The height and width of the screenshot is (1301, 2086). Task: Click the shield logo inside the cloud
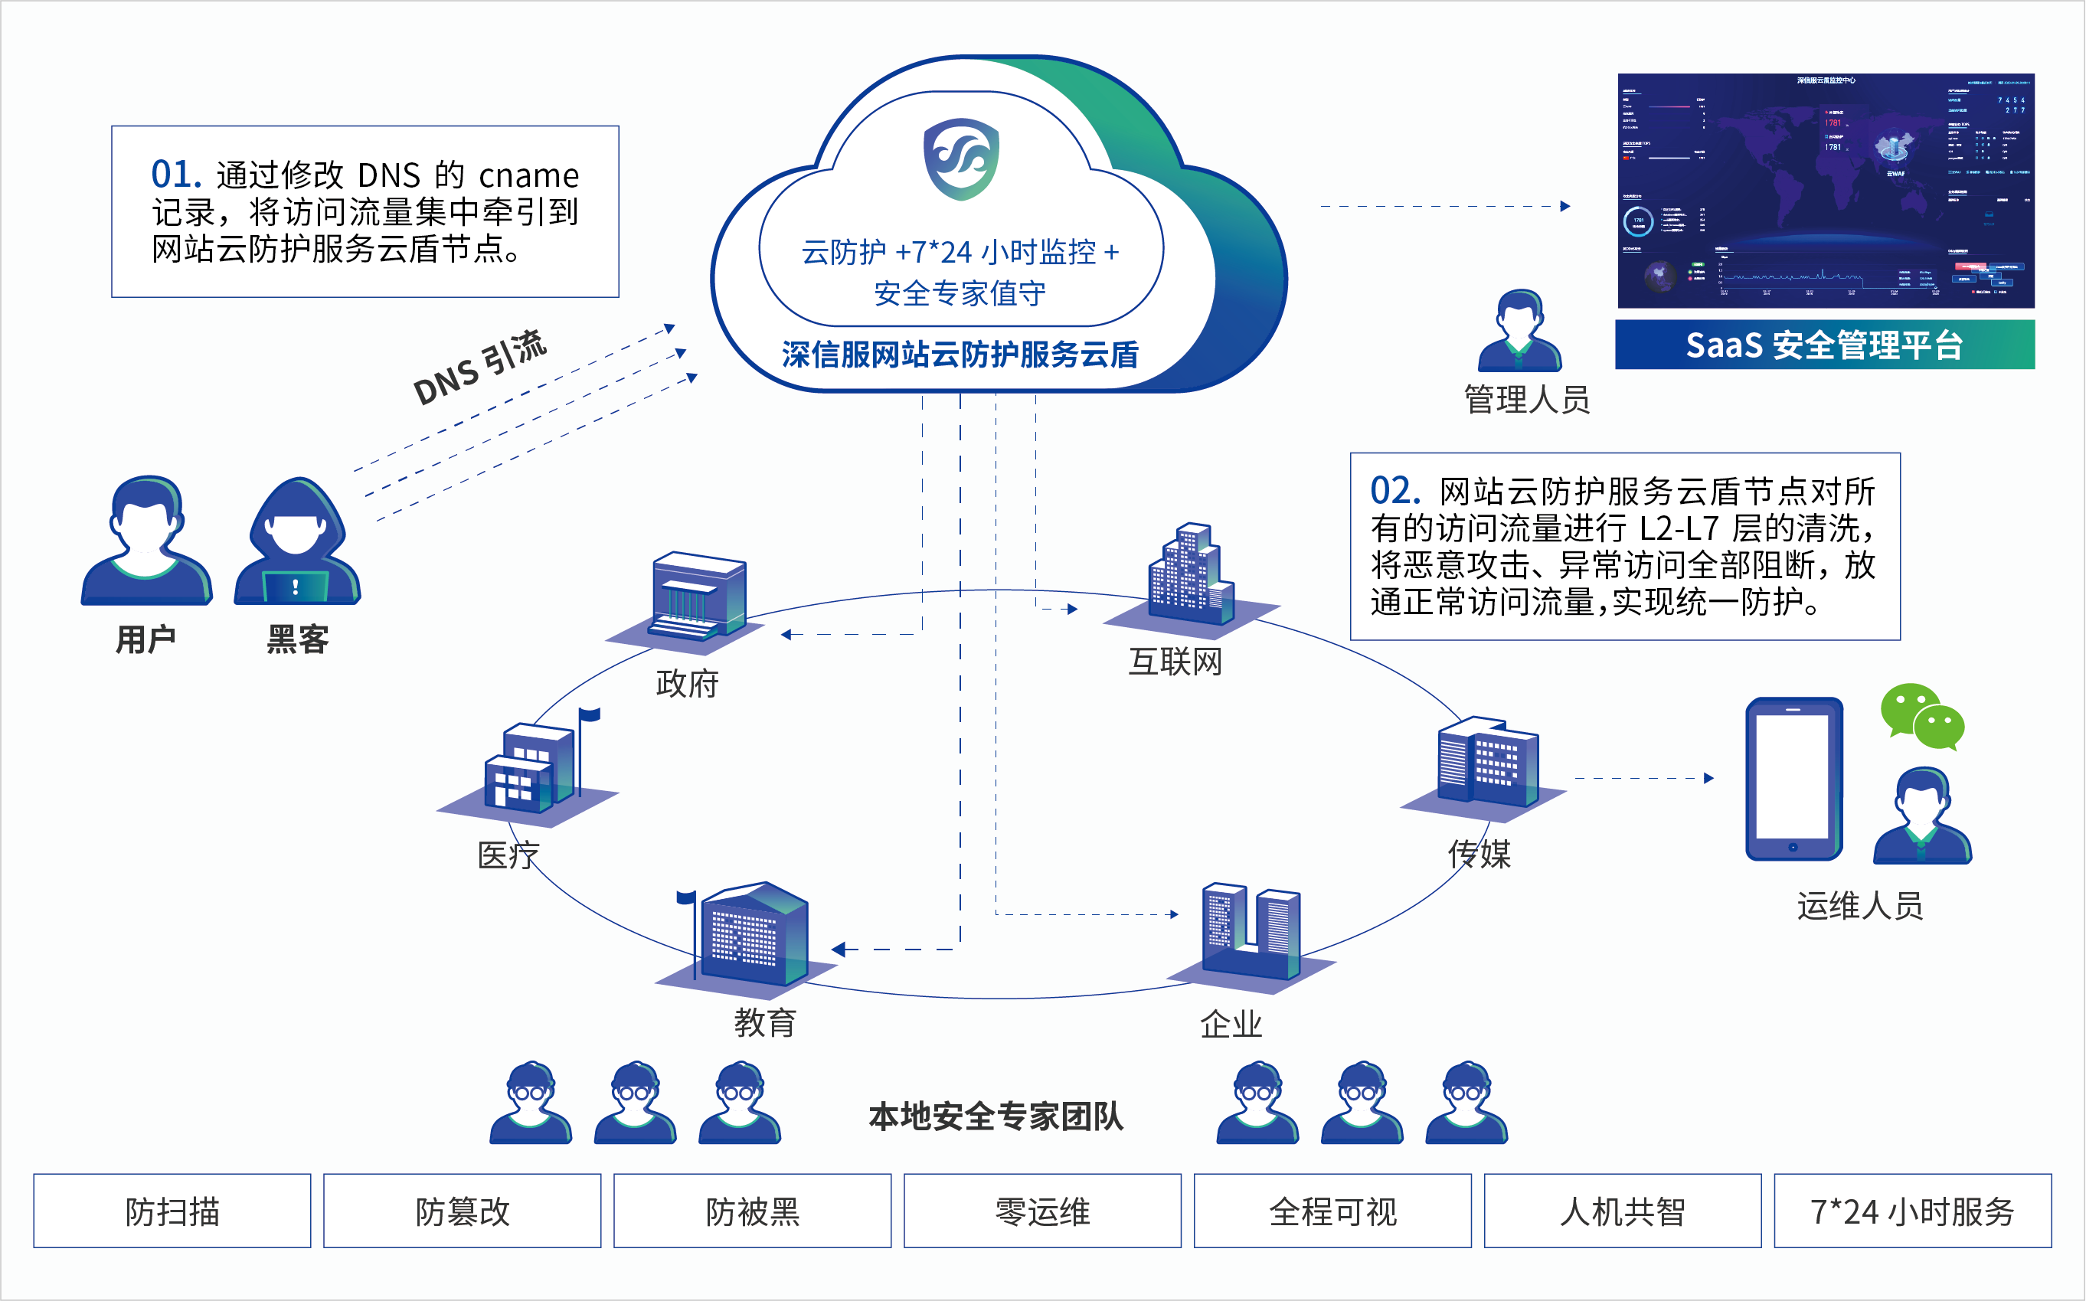(960, 159)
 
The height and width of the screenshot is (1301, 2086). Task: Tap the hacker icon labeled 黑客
(297, 542)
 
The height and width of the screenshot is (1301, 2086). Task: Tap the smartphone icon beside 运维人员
(1793, 779)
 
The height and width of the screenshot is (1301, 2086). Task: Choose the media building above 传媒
(1486, 761)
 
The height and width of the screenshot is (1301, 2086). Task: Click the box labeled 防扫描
(172, 1211)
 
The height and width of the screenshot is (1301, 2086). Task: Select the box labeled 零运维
(1042, 1211)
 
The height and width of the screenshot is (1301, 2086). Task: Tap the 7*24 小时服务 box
(1912, 1211)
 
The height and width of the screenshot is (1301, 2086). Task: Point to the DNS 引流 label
(479, 368)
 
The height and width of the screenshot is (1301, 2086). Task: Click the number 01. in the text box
(175, 175)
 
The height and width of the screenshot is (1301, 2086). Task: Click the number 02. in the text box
(1394, 492)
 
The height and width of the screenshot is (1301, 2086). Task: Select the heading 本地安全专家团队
(996, 1116)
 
